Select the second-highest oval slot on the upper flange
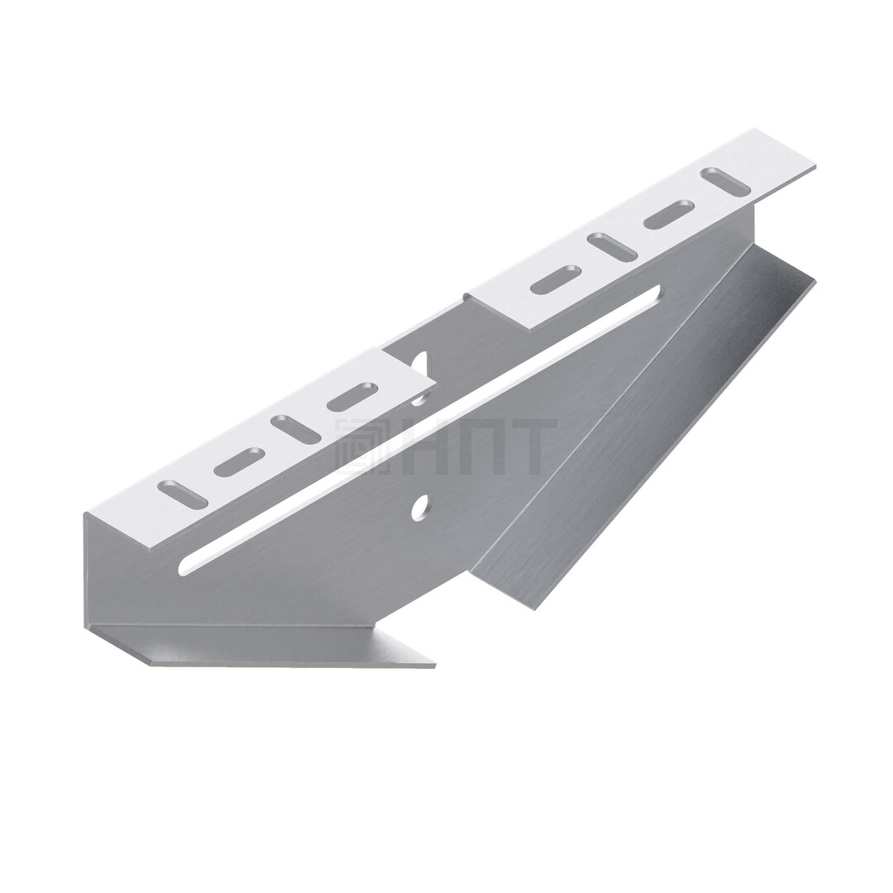(670, 215)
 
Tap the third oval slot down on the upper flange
(613, 247)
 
